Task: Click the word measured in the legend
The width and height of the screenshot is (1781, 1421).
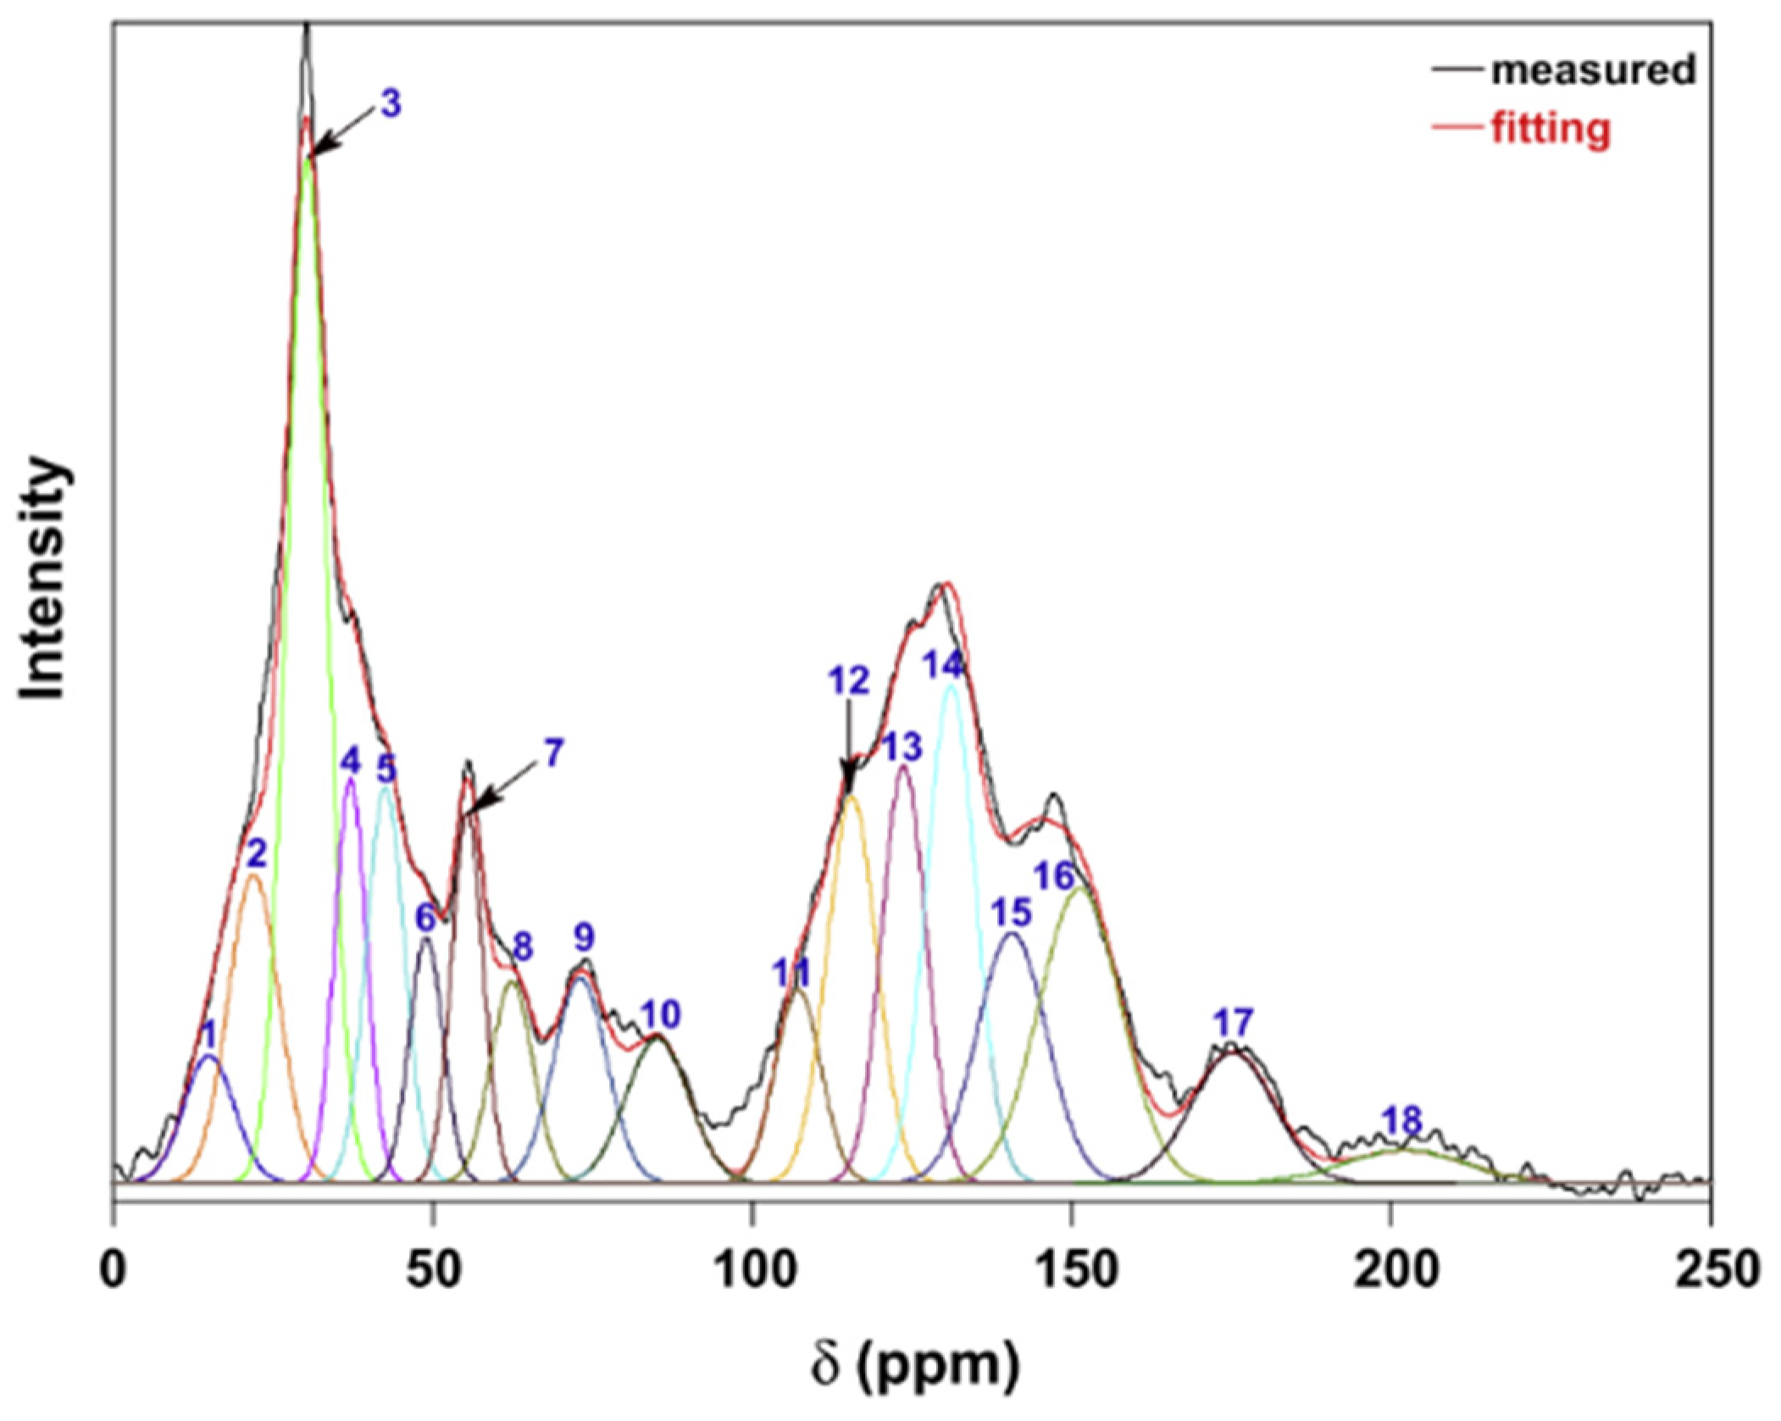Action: click(1593, 69)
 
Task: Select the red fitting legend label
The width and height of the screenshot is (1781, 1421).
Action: click(1551, 130)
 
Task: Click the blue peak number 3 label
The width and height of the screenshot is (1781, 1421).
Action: click(390, 103)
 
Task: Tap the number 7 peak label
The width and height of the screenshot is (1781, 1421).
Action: click(552, 752)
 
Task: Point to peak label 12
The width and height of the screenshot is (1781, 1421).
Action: click(849, 681)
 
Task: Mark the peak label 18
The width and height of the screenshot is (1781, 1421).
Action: click(1401, 1121)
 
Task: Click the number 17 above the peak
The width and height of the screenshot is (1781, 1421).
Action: click(1233, 1023)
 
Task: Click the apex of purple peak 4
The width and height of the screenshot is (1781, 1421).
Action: click(351, 780)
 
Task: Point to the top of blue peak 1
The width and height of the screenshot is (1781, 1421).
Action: click(208, 1056)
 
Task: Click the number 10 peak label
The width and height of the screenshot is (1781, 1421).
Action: click(660, 1014)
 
